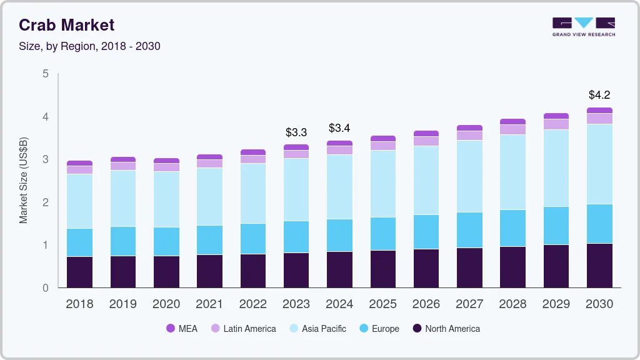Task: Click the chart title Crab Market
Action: [x=67, y=25]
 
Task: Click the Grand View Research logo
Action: [x=584, y=27]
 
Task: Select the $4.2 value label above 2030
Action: [x=599, y=95]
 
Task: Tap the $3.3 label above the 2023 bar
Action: [x=296, y=132]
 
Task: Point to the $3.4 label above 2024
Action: [x=339, y=128]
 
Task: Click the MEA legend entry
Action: [x=182, y=329]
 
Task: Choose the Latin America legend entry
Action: [x=243, y=329]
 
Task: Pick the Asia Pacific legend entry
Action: [x=317, y=329]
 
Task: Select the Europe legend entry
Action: [x=379, y=329]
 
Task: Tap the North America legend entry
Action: [x=446, y=329]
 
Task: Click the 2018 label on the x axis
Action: [x=79, y=304]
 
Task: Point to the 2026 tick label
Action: [x=426, y=304]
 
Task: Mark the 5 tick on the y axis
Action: [x=46, y=74]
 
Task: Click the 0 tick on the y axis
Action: [x=46, y=288]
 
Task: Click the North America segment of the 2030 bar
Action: [x=600, y=266]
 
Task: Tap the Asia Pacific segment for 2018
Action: [x=79, y=201]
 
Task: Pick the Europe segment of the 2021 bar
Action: [x=209, y=240]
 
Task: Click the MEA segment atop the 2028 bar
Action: [x=513, y=122]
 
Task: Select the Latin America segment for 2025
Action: [x=383, y=146]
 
